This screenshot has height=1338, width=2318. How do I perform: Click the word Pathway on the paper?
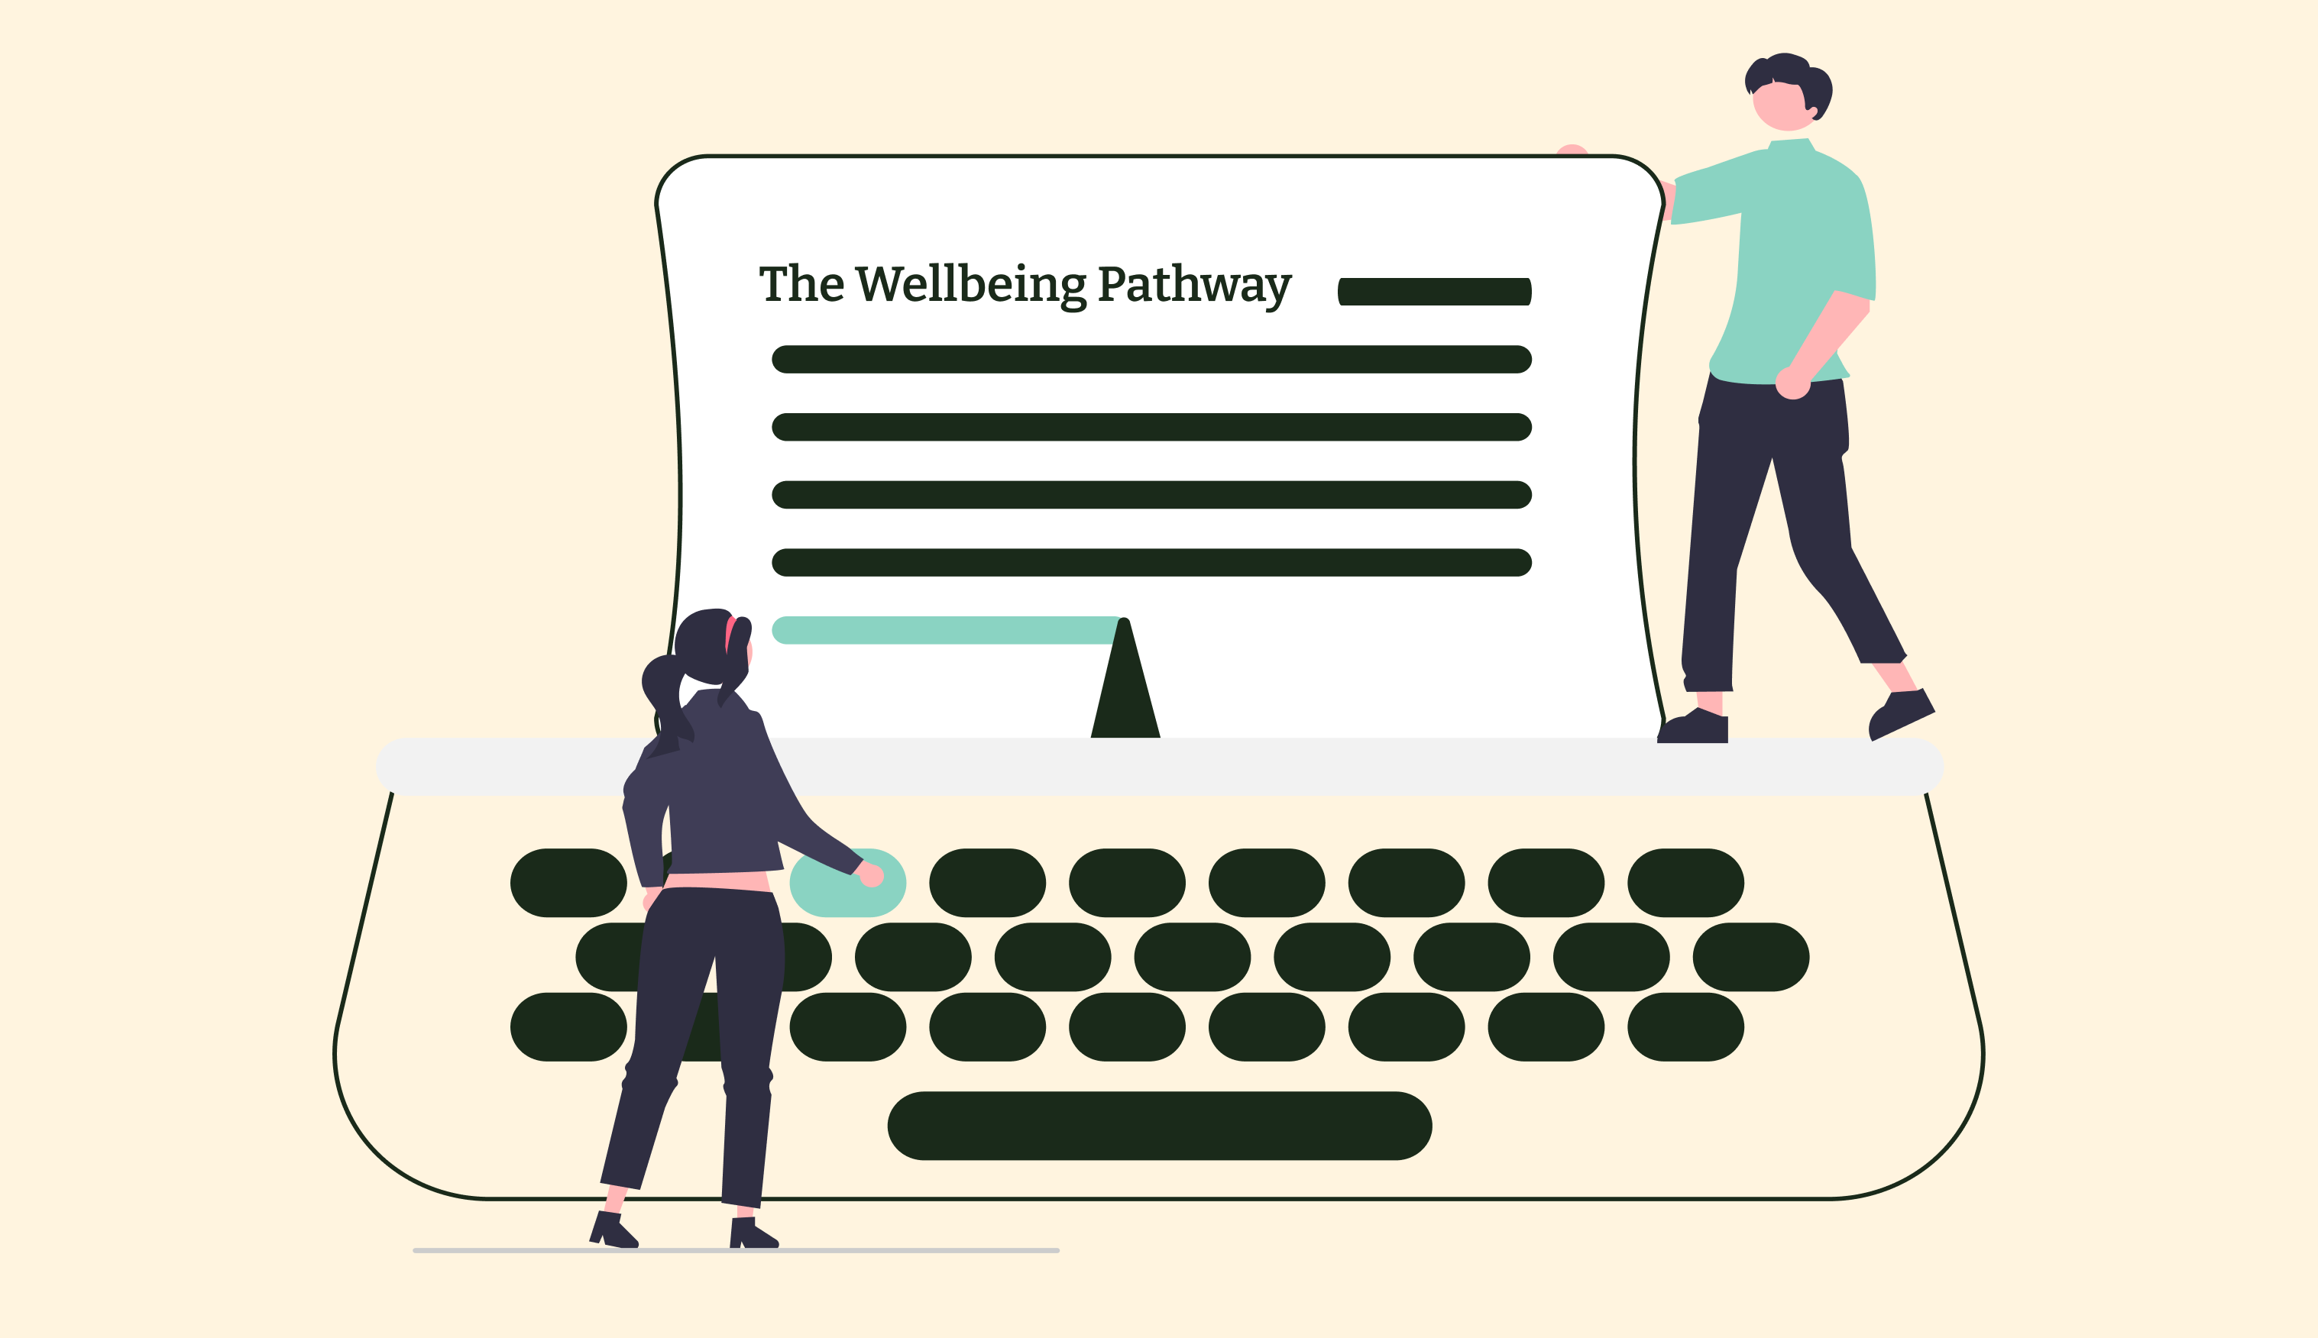pyautogui.click(x=1195, y=286)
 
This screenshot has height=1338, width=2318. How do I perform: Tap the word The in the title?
pyautogui.click(x=801, y=284)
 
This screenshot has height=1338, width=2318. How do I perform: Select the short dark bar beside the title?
pyautogui.click(x=1435, y=291)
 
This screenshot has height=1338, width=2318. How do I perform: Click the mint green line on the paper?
pyautogui.click(x=947, y=630)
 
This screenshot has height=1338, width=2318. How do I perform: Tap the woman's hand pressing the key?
pyautogui.click(x=870, y=876)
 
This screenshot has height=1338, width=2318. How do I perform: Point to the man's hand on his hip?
pyautogui.click(x=1792, y=383)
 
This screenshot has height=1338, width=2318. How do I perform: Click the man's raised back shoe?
pyautogui.click(x=1900, y=713)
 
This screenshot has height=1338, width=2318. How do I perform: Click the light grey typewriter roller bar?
pyautogui.click(x=1160, y=767)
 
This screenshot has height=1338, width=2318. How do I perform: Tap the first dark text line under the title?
pyautogui.click(x=1151, y=359)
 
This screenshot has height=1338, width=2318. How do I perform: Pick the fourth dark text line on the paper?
pyautogui.click(x=1151, y=562)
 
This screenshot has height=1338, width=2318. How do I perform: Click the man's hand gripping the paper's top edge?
pyautogui.click(x=1572, y=150)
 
